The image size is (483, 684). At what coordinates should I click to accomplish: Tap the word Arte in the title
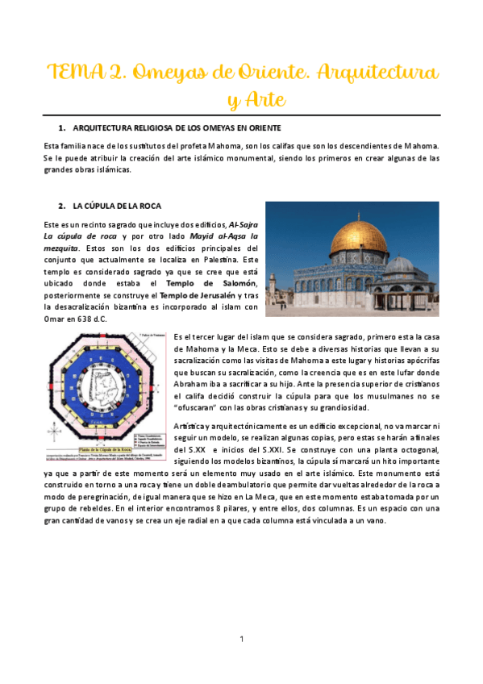[259, 100]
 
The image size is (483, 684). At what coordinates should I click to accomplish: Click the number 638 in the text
[85, 319]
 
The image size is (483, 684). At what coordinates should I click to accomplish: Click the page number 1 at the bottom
[242, 640]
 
